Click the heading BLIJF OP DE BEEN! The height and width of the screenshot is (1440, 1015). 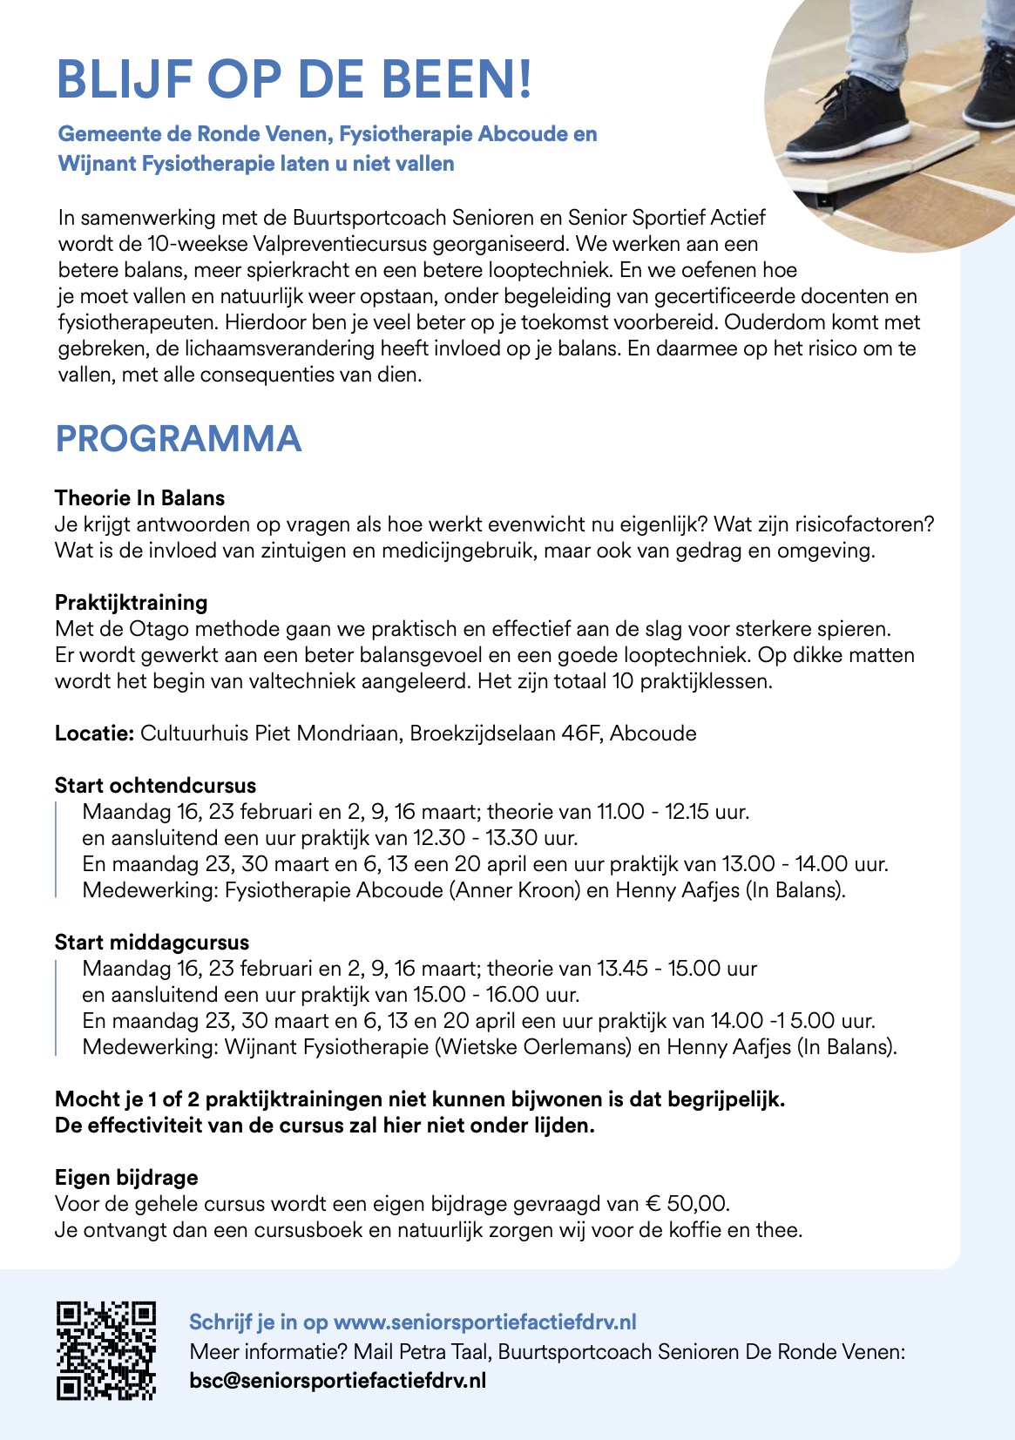(x=294, y=80)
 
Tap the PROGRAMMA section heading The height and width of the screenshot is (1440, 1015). (x=178, y=439)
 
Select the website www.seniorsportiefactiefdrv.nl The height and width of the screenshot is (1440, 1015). (x=484, y=1322)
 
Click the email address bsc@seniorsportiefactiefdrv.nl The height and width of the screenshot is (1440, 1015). (x=337, y=1381)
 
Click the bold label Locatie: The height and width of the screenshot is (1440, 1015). (x=94, y=734)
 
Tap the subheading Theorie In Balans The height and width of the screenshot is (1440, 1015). (x=139, y=498)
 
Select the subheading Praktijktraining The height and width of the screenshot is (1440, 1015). (x=131, y=603)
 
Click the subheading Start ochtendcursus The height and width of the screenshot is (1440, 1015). (x=155, y=786)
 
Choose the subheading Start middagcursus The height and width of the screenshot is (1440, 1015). (x=152, y=943)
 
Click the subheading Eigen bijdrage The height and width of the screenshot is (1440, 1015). (x=126, y=1178)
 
